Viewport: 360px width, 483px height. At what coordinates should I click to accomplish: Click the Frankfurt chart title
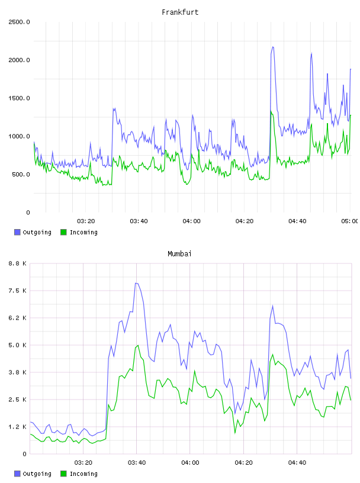(x=180, y=12)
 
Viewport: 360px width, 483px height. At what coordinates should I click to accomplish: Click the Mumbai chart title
(x=179, y=254)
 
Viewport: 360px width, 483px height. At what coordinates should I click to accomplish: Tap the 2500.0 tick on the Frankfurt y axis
(x=19, y=22)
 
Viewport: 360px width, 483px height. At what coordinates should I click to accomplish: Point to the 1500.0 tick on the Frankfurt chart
(x=19, y=98)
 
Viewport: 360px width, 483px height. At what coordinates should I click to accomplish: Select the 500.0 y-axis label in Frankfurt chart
(x=21, y=175)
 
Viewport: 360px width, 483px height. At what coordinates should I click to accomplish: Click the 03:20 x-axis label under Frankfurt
(x=86, y=221)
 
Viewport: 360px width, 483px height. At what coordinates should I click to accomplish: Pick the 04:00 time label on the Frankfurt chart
(x=191, y=221)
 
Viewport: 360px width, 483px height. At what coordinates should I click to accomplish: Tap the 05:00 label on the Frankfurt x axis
(x=350, y=221)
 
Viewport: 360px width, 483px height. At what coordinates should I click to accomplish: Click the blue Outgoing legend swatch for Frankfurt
(x=17, y=232)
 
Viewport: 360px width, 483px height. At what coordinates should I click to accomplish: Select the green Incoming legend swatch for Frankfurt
(x=63, y=232)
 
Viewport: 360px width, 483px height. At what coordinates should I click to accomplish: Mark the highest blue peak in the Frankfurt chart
(x=273, y=47)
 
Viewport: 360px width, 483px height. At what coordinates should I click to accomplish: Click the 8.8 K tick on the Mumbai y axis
(x=17, y=263)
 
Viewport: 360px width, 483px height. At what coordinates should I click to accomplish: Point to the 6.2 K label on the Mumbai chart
(x=17, y=318)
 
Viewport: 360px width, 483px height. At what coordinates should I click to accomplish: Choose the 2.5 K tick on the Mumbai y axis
(x=17, y=400)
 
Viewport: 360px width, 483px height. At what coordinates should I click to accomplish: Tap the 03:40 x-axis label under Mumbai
(x=137, y=463)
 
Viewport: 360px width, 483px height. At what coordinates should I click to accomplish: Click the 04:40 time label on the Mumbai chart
(x=297, y=463)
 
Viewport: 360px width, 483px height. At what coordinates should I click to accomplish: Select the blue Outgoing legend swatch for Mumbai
(x=17, y=474)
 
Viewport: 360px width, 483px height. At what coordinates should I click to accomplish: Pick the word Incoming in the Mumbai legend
(x=83, y=474)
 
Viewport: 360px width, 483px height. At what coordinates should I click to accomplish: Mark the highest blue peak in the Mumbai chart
(x=136, y=283)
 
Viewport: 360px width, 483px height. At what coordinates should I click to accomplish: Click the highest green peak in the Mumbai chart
(x=138, y=345)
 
